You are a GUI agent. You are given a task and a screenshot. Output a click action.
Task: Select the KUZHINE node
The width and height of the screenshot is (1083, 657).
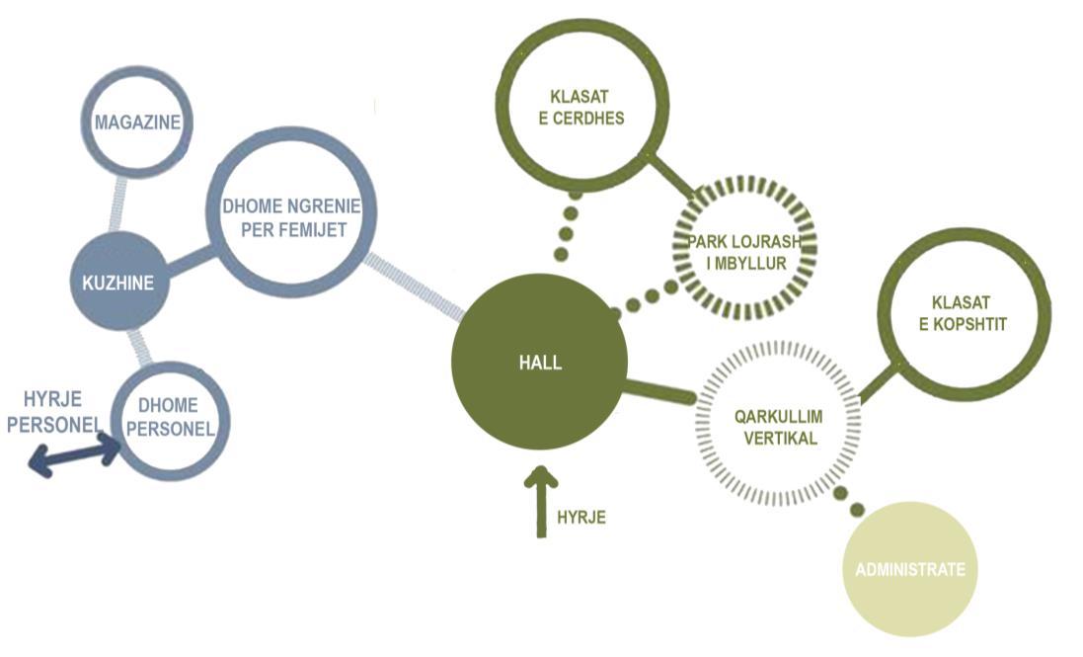(119, 283)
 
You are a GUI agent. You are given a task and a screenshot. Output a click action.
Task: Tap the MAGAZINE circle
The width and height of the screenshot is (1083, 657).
(135, 123)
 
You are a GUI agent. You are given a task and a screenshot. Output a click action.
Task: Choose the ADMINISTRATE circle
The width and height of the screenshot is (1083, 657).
(909, 568)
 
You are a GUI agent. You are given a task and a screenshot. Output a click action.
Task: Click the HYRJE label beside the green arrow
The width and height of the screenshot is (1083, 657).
(581, 516)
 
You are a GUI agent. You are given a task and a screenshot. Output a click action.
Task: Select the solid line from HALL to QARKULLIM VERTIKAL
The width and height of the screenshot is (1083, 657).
(660, 389)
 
